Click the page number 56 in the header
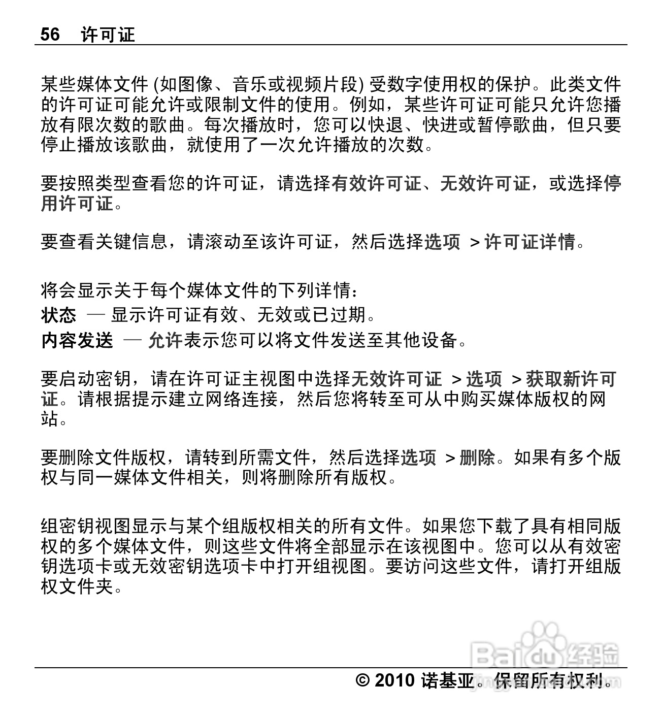tap(50, 35)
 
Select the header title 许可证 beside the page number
tap(108, 35)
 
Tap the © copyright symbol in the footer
tap(363, 680)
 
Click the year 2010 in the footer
tap(395, 680)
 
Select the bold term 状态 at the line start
tap(58, 315)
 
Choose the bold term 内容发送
tap(77, 340)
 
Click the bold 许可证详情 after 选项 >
tap(530, 242)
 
